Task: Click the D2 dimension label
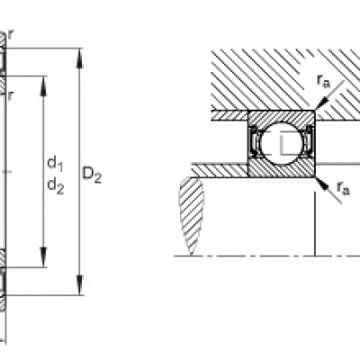92,175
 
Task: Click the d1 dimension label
55,164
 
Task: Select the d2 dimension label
56,186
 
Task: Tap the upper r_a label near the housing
323,81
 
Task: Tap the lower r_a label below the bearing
343,188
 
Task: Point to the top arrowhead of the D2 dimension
79,58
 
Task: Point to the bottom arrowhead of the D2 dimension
79,285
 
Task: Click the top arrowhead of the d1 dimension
44,86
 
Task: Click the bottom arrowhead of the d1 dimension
44,256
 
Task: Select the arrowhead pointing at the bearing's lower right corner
322,184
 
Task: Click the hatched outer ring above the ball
281,117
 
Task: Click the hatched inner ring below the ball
281,169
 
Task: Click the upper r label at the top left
11,35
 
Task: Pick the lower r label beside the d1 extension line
11,95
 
